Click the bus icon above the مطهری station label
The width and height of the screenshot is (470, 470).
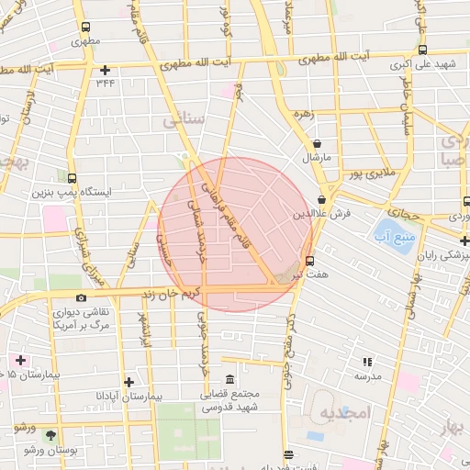click(85, 28)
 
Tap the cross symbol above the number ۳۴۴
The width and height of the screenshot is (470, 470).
click(106, 70)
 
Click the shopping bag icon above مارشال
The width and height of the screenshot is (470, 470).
click(317, 144)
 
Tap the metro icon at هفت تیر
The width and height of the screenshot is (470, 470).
click(309, 260)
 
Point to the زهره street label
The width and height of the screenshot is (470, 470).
click(304, 115)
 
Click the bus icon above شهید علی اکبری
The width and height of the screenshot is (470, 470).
click(422, 50)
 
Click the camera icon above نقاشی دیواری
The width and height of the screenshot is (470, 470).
click(81, 298)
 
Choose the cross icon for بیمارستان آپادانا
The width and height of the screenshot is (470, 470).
click(129, 382)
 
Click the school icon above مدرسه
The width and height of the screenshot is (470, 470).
click(368, 363)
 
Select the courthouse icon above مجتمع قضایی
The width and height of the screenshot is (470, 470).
click(229, 381)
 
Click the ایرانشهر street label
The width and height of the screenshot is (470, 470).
click(143, 327)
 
